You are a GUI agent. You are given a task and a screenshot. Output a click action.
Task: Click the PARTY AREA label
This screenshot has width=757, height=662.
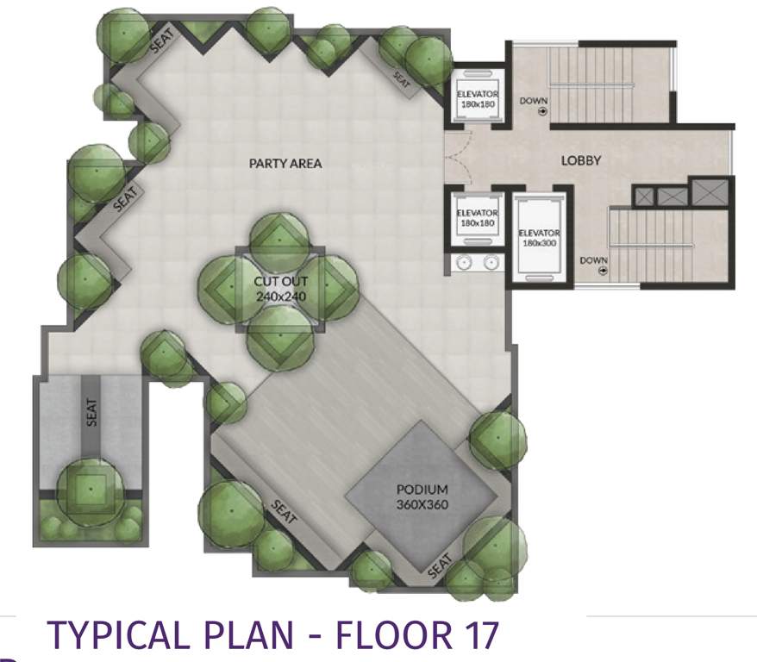(285, 163)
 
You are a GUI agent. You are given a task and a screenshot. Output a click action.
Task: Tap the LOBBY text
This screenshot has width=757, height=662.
(580, 159)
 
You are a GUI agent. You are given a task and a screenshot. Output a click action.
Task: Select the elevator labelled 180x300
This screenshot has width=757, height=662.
(539, 238)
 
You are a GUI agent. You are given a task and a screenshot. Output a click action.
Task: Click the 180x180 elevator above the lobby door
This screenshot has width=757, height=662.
(477, 97)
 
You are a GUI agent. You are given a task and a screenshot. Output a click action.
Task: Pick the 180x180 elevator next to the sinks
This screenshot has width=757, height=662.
(477, 219)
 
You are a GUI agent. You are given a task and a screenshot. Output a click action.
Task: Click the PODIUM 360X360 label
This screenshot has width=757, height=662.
(422, 496)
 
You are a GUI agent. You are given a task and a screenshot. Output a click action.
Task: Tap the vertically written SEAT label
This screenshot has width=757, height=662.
(92, 412)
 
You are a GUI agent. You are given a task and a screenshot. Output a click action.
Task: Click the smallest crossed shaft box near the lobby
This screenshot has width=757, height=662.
(644, 197)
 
